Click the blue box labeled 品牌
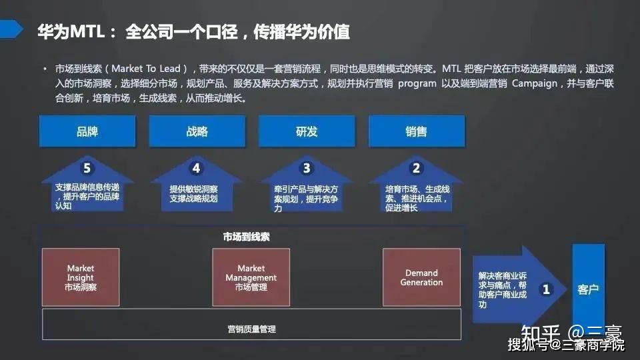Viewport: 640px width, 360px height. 87,131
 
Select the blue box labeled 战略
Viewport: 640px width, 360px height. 197,131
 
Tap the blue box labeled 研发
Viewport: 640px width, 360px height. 307,131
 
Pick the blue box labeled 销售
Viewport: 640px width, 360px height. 416,131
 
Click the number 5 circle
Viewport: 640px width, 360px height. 87,169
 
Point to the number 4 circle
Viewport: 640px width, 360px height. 196,169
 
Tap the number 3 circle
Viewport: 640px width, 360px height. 307,169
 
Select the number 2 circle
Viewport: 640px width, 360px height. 417,169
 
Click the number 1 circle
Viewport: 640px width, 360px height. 547,289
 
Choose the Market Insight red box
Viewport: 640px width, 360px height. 81,277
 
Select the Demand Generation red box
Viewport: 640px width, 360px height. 421,277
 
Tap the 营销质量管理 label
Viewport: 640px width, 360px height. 251,329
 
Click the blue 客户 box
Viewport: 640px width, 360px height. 588,289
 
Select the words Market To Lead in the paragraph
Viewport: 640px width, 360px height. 145,69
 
